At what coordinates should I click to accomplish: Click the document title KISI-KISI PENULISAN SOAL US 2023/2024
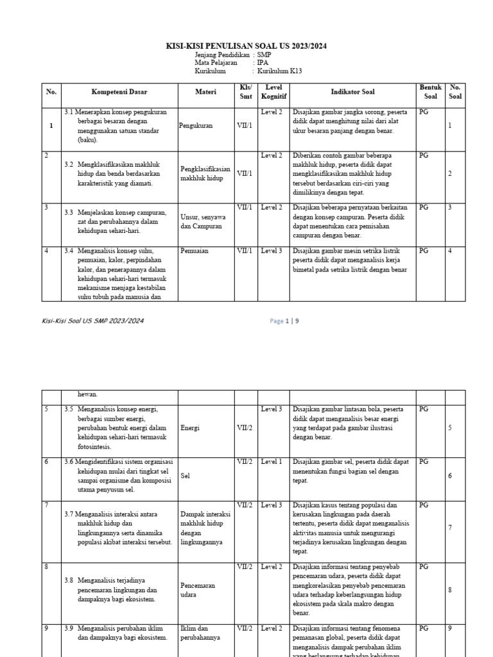(x=246, y=46)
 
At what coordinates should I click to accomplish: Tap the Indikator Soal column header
(x=352, y=92)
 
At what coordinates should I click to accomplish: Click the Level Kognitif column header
(x=273, y=92)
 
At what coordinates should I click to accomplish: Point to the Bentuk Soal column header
(x=430, y=92)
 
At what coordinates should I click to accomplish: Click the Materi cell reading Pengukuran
(x=196, y=126)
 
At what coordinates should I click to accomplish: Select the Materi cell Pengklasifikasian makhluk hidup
(x=205, y=173)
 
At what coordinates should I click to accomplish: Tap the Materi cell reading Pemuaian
(x=195, y=251)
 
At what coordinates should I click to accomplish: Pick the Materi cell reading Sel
(x=186, y=476)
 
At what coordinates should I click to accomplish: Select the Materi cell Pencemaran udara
(x=198, y=590)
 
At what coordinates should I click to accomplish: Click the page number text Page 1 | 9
(x=284, y=321)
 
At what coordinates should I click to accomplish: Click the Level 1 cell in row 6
(x=272, y=462)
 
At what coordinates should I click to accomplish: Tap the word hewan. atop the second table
(x=88, y=395)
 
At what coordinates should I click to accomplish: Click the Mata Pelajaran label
(x=216, y=63)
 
